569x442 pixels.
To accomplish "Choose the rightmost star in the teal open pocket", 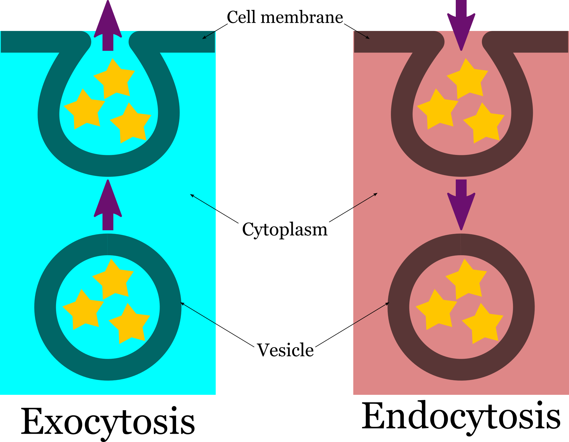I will pyautogui.click(x=131, y=124).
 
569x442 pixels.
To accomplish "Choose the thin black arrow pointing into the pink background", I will pyautogui.click(x=365, y=200).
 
